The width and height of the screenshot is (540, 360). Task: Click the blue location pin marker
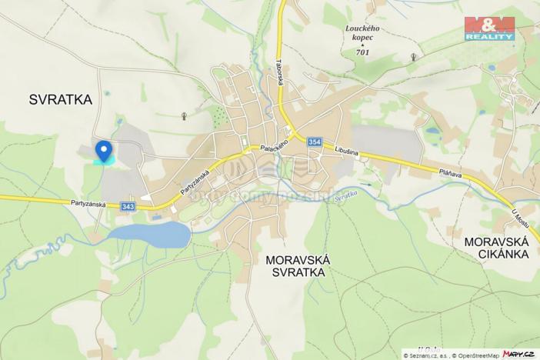(103, 150)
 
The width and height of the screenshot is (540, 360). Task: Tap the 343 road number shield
(128, 206)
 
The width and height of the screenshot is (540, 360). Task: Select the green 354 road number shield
(315, 142)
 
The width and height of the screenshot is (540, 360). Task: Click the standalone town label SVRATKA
(60, 99)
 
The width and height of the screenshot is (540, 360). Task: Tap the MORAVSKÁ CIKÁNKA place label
(496, 248)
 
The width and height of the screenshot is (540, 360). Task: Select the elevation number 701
(362, 52)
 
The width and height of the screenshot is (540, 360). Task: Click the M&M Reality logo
(489, 28)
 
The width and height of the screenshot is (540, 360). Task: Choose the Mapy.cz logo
(519, 353)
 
